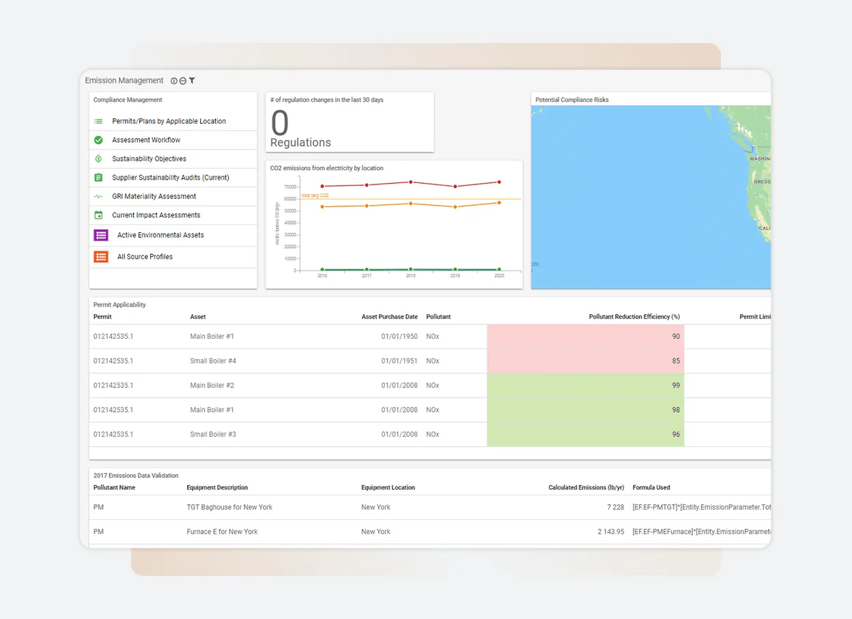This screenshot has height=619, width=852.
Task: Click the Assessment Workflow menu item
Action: coord(146,140)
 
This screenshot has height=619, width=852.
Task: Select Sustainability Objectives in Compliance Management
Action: coord(149,159)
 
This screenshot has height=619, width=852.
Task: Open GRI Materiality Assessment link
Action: coord(154,196)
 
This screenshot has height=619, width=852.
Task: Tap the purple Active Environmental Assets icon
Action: coord(101,235)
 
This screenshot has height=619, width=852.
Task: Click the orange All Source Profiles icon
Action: coord(101,257)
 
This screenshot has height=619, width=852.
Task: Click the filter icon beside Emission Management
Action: coord(193,81)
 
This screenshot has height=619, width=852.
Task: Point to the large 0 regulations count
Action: coord(280,124)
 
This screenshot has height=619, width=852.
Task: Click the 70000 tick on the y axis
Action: coord(290,187)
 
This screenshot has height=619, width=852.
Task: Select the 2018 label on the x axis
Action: coord(411,275)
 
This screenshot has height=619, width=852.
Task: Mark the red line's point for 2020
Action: coord(499,182)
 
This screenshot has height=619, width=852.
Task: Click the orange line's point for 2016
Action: coord(322,206)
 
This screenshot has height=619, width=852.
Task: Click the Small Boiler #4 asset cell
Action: coord(213,361)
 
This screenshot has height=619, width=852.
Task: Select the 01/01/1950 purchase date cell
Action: coord(399,336)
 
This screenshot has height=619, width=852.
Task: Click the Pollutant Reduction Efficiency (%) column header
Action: coord(634,317)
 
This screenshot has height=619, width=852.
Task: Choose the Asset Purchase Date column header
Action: coord(389,317)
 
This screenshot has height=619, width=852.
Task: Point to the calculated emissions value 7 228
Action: coord(615,507)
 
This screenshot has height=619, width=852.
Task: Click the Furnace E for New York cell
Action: coord(222,532)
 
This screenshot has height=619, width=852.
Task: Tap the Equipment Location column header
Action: coord(388,488)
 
